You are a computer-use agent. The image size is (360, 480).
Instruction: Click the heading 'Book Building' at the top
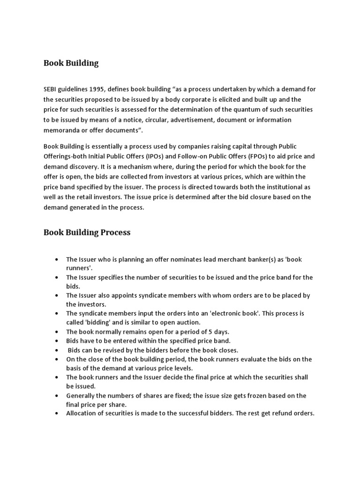[x=71, y=63]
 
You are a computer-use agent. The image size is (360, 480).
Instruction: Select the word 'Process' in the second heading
[x=115, y=232]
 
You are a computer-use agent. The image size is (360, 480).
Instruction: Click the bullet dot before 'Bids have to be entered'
[x=56, y=341]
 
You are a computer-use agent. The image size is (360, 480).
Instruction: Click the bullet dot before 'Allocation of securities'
[x=56, y=413]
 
